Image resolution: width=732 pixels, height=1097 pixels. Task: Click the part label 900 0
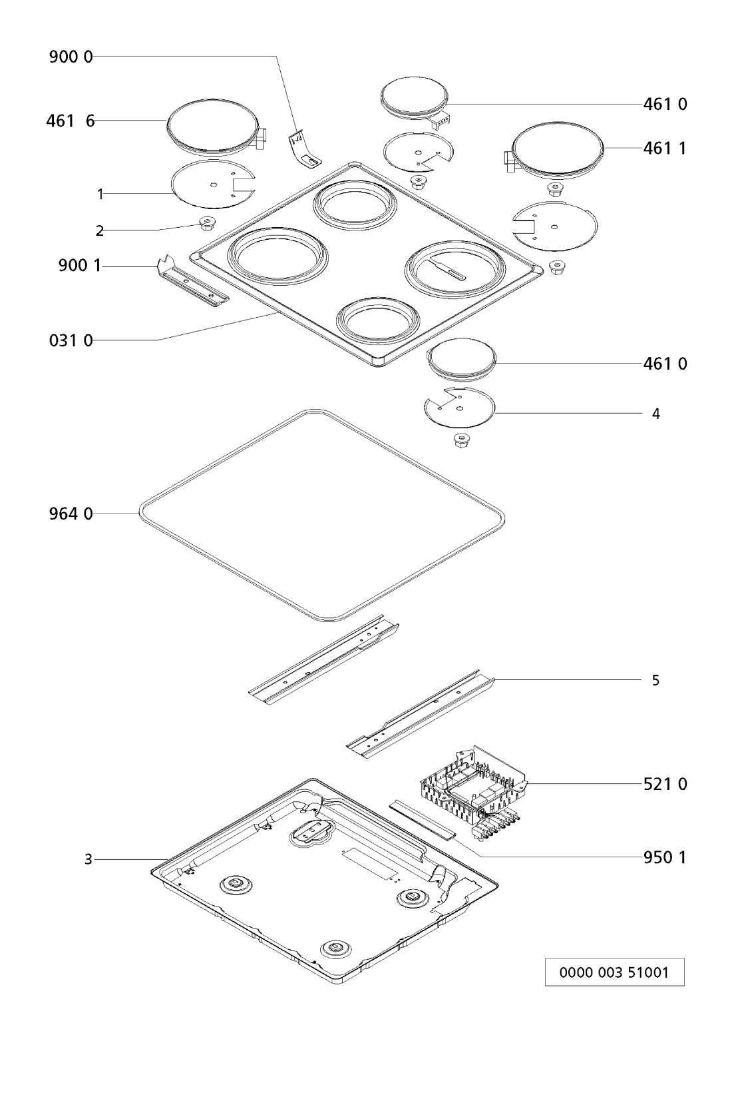coord(71,57)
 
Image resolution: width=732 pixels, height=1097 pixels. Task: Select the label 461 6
coord(71,121)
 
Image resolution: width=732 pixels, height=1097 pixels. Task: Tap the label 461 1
coord(665,148)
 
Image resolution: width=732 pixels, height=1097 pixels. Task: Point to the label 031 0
coord(71,340)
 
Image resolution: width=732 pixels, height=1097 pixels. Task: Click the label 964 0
coord(71,514)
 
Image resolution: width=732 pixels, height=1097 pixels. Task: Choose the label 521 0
coord(665,784)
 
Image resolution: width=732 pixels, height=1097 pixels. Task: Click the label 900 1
coord(79,266)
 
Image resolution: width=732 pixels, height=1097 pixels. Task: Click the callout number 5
coord(655,680)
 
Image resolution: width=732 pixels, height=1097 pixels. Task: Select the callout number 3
coord(88,859)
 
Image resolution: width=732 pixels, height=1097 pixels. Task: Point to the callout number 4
coord(655,414)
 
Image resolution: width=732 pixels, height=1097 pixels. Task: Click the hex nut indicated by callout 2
coord(206,224)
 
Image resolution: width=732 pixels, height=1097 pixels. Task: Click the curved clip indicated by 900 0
coord(304,151)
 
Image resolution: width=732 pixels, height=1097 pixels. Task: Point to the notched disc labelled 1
coord(213,184)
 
